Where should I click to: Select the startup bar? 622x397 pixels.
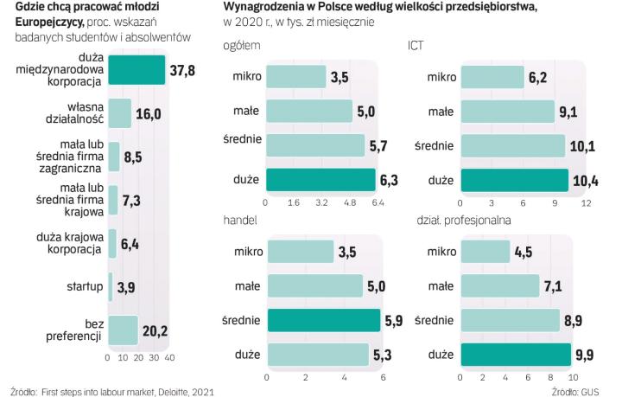tap(111, 286)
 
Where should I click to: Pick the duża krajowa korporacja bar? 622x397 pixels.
tap(112, 244)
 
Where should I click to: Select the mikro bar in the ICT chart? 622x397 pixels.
tap(493, 78)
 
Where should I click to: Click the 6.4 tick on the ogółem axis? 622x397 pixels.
tap(378, 202)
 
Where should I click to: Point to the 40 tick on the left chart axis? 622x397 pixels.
tap(169, 356)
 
